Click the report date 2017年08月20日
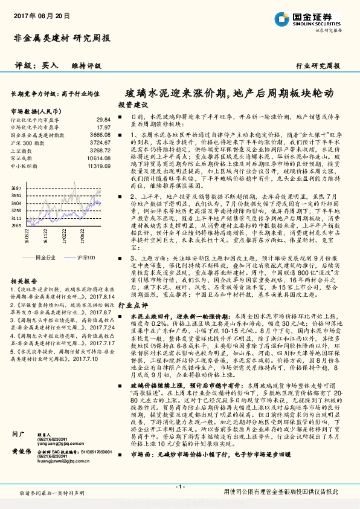(41, 15)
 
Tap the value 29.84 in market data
(103, 120)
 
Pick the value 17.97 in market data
(103, 128)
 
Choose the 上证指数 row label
(22, 151)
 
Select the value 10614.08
(98, 158)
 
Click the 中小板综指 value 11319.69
(98, 165)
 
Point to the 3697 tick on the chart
(16, 189)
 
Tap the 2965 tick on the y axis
(16, 224)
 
